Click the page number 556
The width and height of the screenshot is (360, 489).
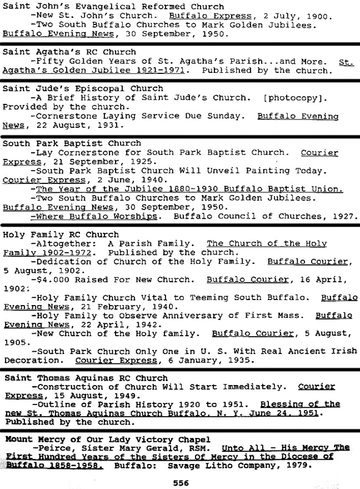[181, 483]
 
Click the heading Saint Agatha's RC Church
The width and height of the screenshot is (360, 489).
[69, 52]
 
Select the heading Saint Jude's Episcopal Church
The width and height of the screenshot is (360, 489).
[83, 88]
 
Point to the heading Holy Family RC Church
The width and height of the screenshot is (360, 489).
[61, 234]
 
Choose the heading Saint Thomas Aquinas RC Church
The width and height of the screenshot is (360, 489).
[86, 378]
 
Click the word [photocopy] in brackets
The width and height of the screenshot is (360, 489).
[294, 98]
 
